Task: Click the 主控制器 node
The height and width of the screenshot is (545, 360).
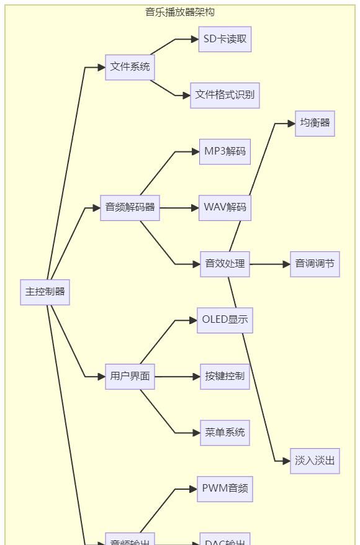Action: tap(45, 292)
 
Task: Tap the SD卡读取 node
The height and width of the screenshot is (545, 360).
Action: tap(225, 39)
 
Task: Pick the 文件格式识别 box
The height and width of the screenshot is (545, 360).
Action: tap(225, 96)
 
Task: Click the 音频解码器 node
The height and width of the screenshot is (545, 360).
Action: tap(130, 208)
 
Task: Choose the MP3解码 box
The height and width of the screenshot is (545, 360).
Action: tap(225, 151)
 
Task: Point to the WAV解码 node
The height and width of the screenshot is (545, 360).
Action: tap(225, 208)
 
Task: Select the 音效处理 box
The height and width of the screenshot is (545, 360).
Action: tap(225, 264)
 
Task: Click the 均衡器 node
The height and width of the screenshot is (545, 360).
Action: tap(315, 124)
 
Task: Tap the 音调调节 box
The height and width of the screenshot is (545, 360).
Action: tap(315, 264)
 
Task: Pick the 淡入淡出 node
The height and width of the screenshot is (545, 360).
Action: tap(315, 461)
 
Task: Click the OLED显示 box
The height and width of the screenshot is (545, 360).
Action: tap(225, 320)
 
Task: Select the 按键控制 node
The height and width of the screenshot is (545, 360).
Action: tap(225, 377)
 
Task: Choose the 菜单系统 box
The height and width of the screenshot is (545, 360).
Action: tap(225, 433)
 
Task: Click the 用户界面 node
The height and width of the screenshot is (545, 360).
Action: tap(130, 377)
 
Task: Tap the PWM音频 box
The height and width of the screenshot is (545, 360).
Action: tap(225, 489)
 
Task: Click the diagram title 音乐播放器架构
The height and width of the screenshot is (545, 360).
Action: tap(180, 12)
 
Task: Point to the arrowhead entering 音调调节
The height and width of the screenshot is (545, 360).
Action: tap(286, 264)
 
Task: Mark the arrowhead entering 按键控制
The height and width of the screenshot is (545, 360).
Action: tap(196, 377)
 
